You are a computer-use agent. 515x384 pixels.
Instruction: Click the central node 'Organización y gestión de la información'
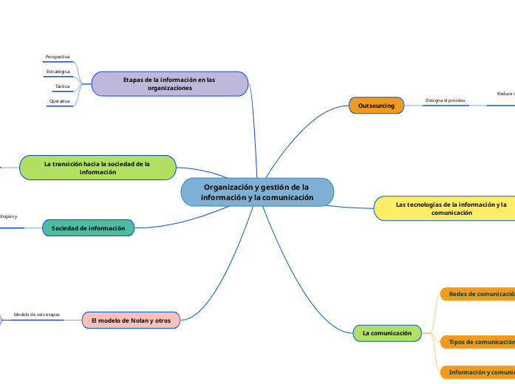(x=257, y=192)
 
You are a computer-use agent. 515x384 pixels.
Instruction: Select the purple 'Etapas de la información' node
(x=169, y=83)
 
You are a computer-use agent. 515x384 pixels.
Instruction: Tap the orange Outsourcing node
(x=376, y=106)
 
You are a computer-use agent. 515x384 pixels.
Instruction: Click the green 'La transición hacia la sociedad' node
(x=97, y=168)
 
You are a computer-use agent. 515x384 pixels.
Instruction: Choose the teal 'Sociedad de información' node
(x=88, y=228)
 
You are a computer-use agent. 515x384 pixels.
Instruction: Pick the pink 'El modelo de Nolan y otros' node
(x=131, y=320)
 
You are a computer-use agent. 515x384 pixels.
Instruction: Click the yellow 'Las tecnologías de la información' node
(x=443, y=208)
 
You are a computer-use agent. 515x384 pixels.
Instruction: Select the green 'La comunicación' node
(x=387, y=333)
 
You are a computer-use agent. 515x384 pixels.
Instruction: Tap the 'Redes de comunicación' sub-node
(x=479, y=294)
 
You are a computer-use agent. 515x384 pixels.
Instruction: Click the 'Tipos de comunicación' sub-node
(x=479, y=342)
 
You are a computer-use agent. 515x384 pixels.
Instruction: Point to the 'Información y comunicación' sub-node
(x=479, y=372)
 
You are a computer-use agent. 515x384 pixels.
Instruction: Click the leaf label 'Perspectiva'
(x=58, y=57)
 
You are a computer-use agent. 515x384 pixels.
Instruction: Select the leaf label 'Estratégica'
(x=58, y=72)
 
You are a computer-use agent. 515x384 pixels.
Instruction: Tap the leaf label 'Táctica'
(x=62, y=86)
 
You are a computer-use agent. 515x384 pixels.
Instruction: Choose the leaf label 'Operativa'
(x=60, y=101)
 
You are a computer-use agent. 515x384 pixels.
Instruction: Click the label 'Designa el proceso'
(x=445, y=100)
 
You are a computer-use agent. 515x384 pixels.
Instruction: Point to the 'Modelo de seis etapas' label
(x=37, y=315)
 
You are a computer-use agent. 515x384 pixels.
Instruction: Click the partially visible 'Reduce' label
(x=505, y=94)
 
